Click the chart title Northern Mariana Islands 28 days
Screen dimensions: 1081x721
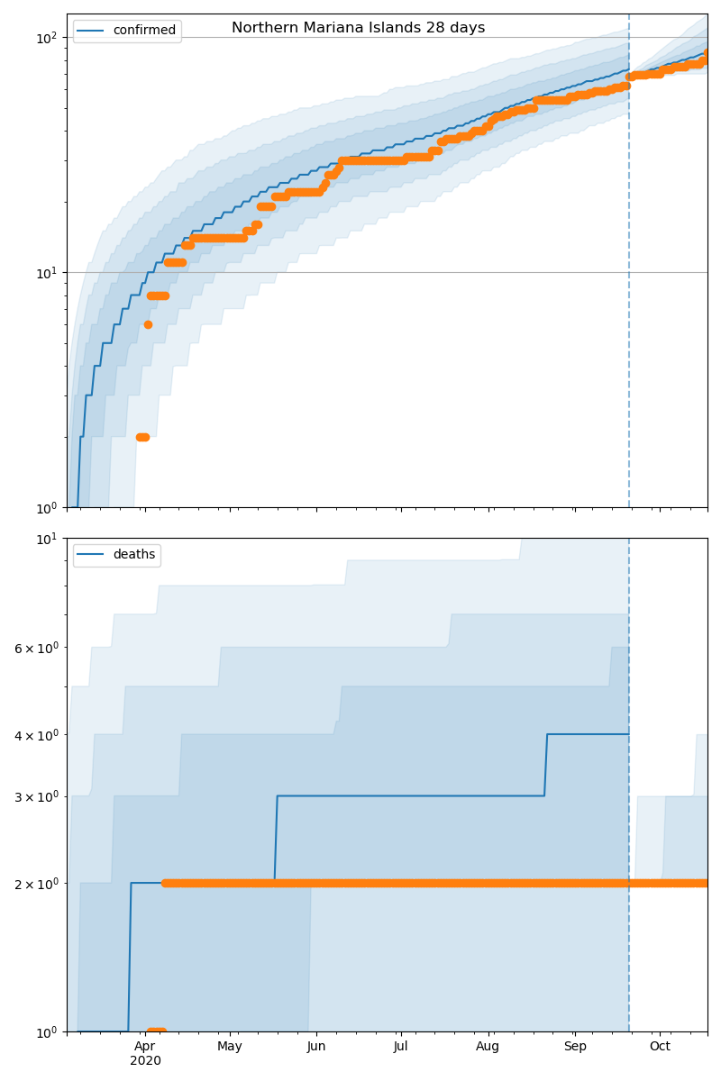pyautogui.click(x=358, y=28)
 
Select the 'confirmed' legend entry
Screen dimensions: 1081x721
pyautogui.click(x=143, y=31)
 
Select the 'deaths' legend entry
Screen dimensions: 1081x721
pyautogui.click(x=133, y=555)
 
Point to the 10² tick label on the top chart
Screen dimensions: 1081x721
pyautogui.click(x=46, y=38)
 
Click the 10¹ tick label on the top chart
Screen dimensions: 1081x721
pyautogui.click(x=46, y=273)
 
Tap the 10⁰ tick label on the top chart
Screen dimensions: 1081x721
pyautogui.click(x=46, y=508)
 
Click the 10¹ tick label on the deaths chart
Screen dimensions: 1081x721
pyautogui.click(x=46, y=539)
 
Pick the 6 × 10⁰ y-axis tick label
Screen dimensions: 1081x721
pyautogui.click(x=36, y=648)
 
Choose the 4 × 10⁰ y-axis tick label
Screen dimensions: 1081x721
pyautogui.click(x=36, y=735)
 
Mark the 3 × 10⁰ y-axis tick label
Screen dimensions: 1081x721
pyautogui.click(x=36, y=796)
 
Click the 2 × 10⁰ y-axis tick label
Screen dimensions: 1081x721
pyautogui.click(x=36, y=884)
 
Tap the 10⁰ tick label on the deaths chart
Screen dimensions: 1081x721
pyautogui.click(x=46, y=1032)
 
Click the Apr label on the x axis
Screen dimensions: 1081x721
pyautogui.click(x=144, y=1047)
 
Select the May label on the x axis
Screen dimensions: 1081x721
pyautogui.click(x=230, y=1047)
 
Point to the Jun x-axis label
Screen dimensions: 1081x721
pyautogui.click(x=316, y=1047)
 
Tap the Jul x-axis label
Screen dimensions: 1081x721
pyautogui.click(x=401, y=1047)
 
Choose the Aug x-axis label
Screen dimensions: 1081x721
pyautogui.click(x=488, y=1047)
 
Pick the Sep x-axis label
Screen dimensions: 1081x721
pyautogui.click(x=575, y=1047)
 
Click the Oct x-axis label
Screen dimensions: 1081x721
pyautogui.click(x=660, y=1047)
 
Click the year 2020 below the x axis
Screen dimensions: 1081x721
pyautogui.click(x=145, y=1061)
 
